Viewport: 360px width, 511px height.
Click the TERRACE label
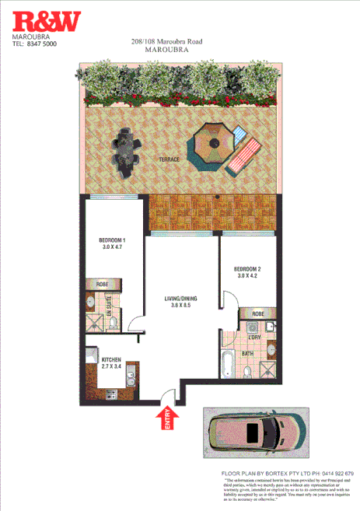tap(169, 159)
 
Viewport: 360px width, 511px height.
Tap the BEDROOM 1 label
tap(113, 240)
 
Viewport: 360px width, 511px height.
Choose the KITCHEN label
tap(112, 360)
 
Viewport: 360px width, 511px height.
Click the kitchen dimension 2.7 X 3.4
tap(112, 368)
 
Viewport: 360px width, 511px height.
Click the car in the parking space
tap(252, 434)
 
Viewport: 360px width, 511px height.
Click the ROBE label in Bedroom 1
tap(101, 284)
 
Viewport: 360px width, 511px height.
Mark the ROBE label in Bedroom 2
tap(258, 314)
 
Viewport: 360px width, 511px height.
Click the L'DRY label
tap(253, 337)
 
